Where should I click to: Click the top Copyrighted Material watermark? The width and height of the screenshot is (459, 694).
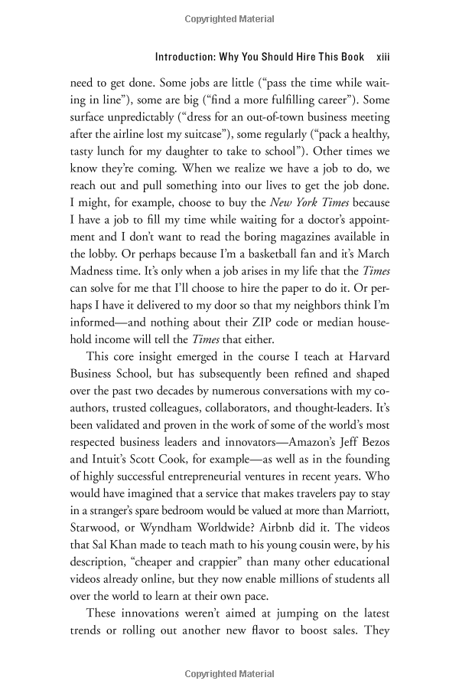point(229,18)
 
